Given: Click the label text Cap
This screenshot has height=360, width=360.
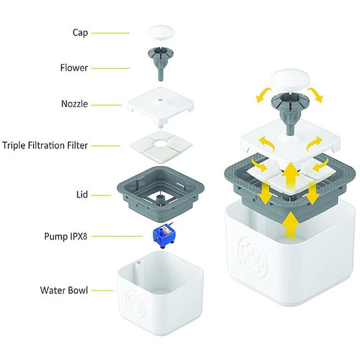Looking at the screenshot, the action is (80, 33).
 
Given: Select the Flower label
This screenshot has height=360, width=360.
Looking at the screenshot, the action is (74, 68).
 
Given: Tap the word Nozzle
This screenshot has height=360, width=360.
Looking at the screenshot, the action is (75, 104).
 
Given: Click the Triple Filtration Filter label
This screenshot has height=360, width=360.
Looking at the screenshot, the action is (45, 145).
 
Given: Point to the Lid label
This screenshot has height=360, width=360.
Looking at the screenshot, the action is (82, 195).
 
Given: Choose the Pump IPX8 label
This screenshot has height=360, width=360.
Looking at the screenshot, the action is (65, 236).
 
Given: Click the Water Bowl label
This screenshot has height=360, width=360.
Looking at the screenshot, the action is (64, 290).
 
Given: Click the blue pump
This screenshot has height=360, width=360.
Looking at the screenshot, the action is (164, 236).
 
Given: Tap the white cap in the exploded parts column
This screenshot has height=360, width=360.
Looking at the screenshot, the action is (161, 33).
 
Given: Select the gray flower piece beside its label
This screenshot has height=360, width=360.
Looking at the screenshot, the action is (161, 63).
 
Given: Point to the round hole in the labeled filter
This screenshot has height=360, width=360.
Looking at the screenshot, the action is (161, 144).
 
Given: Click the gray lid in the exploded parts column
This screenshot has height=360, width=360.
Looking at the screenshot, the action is (161, 194).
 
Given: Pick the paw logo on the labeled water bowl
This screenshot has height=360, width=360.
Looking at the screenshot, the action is (135, 303).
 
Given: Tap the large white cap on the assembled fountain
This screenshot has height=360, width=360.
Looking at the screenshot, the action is (291, 80).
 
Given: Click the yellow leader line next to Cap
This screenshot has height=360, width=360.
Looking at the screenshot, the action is (111, 33).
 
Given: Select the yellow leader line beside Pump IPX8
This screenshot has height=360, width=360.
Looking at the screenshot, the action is (117, 236).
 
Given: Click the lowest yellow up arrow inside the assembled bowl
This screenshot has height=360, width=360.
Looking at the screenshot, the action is (291, 226).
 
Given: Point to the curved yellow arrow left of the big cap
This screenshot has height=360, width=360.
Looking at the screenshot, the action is (264, 94).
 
